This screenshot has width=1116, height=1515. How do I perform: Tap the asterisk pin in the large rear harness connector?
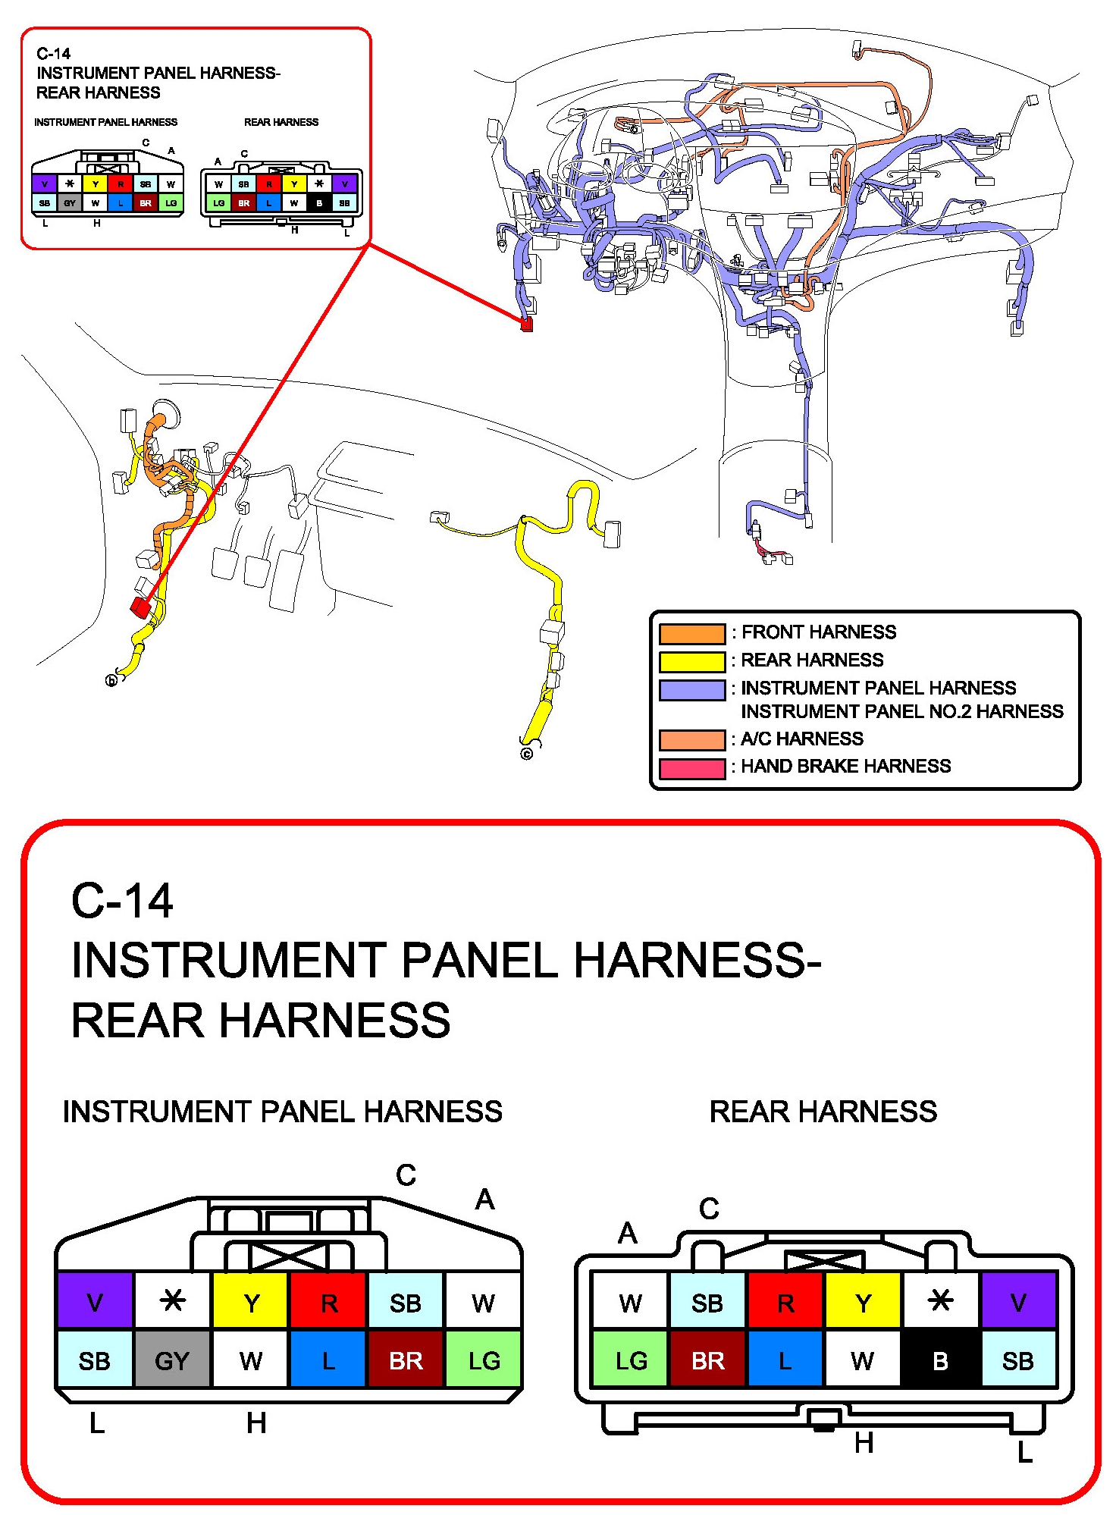click(940, 1301)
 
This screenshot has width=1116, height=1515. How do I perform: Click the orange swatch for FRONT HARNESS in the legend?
click(691, 633)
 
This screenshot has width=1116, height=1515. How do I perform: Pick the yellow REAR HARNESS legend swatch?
click(691, 661)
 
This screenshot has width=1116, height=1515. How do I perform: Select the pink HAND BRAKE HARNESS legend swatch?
click(691, 767)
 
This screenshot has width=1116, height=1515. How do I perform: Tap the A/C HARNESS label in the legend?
click(801, 739)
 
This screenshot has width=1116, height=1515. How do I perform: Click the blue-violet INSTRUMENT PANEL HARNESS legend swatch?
click(691, 689)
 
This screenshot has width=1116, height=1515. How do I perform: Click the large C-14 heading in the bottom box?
click(122, 901)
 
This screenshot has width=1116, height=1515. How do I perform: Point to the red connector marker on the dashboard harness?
click(527, 325)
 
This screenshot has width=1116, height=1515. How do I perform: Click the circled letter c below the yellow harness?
click(527, 754)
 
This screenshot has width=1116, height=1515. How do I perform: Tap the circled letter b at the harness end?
click(111, 680)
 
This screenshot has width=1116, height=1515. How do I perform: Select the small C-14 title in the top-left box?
click(53, 54)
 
